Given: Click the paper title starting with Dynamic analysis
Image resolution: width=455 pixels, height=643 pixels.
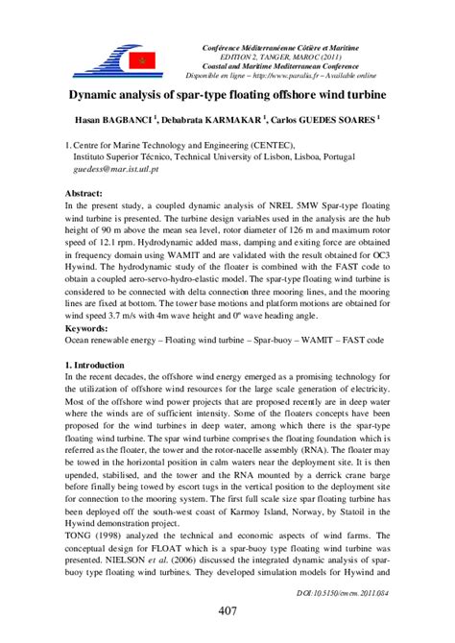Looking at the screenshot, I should coord(227,96).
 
